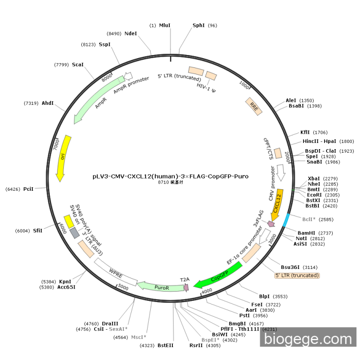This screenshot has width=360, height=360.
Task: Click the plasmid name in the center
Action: click(171, 176)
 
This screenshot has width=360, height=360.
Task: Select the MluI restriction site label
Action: click(165, 25)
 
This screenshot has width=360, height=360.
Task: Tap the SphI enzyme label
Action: click(199, 25)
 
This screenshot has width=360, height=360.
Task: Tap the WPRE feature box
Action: click(115, 271)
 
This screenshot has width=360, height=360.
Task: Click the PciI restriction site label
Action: click(28, 189)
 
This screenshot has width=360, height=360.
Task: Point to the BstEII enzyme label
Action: click(166, 346)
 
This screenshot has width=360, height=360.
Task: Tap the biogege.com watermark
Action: click(308, 338)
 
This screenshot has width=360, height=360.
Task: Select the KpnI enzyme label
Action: click(65, 282)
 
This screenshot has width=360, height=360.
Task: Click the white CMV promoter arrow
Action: click(281, 172)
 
